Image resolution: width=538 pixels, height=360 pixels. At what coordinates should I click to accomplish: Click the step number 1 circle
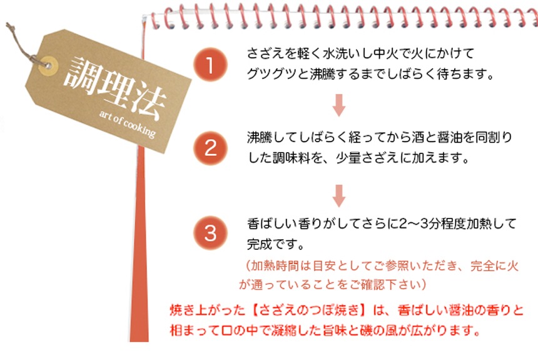[210, 64]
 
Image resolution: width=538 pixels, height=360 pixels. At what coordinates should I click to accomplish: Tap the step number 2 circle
[210, 148]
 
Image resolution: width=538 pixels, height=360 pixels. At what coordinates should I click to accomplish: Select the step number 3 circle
[210, 233]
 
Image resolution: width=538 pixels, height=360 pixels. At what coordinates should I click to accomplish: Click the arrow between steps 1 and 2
[339, 105]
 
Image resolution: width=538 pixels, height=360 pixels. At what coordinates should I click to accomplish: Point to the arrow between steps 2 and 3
[339, 196]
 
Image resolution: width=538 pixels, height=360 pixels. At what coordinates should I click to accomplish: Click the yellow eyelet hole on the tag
[48, 66]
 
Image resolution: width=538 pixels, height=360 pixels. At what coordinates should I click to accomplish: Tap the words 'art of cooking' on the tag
[127, 124]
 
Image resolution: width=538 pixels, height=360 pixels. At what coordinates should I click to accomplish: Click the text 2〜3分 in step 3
[420, 224]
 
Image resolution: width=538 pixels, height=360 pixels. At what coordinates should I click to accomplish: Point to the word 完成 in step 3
[260, 244]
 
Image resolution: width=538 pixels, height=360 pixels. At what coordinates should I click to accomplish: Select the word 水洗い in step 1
[342, 53]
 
